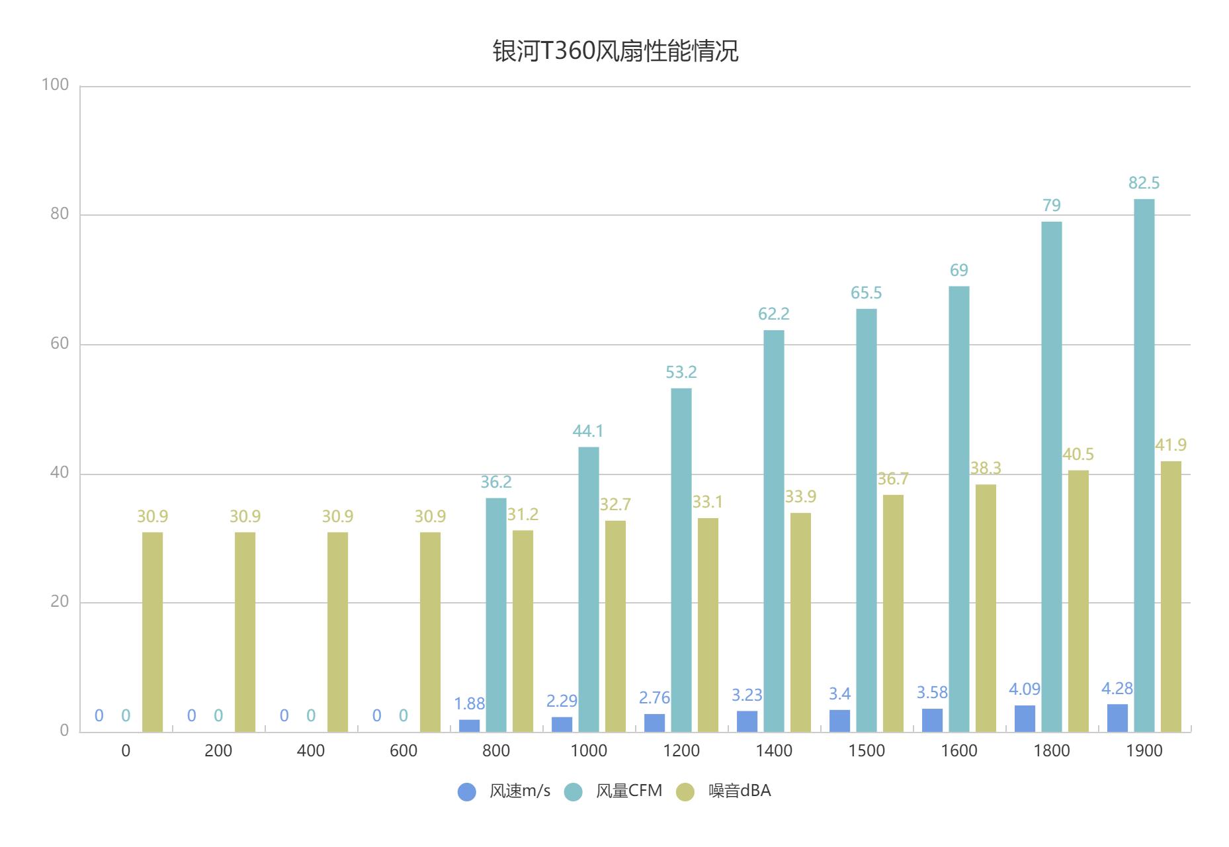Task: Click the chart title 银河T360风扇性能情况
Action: pos(614,51)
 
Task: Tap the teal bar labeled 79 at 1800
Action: pos(1051,476)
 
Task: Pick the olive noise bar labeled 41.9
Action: pos(1171,596)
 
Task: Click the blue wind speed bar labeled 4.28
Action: pos(1117,718)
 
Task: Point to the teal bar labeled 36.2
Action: pos(496,615)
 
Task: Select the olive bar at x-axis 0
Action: pos(152,632)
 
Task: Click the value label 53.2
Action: pos(681,373)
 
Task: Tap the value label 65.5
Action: pos(866,293)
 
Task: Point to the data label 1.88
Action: pos(469,703)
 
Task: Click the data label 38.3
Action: pos(985,468)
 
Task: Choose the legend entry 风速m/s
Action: pos(504,791)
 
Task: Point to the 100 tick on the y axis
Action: pos(55,85)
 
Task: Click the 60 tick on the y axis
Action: pos(59,343)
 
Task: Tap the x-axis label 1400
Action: pos(774,751)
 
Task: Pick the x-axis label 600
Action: pos(403,751)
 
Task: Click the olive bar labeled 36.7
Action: pos(893,613)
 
